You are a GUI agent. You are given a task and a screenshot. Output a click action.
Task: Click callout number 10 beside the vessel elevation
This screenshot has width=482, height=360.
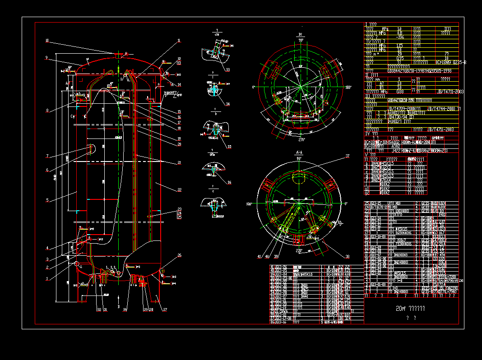[x=46, y=41]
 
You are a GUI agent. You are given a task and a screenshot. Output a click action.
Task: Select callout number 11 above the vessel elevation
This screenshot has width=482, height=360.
[x=179, y=41]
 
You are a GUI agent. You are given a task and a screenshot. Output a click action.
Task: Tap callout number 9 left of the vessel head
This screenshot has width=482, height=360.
[x=46, y=58]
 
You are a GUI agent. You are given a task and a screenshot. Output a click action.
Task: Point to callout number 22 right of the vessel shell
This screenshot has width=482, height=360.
[x=179, y=190]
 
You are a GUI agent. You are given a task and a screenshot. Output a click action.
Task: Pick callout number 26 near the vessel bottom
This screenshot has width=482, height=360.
[x=179, y=255]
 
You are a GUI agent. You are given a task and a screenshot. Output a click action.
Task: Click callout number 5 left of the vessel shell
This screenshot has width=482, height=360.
[x=46, y=200]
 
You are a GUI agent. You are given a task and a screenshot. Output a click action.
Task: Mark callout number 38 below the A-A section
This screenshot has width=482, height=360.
[x=347, y=256]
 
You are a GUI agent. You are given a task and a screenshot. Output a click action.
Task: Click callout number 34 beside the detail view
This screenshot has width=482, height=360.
[x=228, y=104]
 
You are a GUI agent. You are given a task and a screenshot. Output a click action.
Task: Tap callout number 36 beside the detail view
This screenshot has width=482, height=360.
[x=229, y=183]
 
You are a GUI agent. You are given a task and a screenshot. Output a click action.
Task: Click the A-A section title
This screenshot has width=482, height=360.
[x=299, y=153]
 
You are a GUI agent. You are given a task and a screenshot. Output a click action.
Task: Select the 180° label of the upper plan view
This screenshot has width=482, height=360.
[x=348, y=87]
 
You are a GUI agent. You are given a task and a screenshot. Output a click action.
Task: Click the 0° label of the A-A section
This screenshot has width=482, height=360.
[x=346, y=204]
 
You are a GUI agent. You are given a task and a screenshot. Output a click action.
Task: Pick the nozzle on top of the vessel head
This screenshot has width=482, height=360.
[x=118, y=55]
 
